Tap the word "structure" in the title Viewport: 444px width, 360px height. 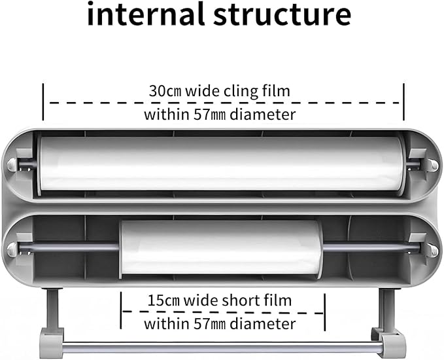pyautogui.click(x=282, y=15)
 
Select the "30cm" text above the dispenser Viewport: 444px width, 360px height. pyautogui.click(x=165, y=91)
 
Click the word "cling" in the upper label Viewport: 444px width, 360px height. pyautogui.click(x=241, y=92)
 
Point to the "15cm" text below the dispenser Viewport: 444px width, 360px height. pyautogui.click(x=163, y=300)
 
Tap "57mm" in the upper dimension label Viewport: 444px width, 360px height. pyautogui.click(x=209, y=115)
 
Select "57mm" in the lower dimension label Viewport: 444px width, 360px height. pyautogui.click(x=209, y=324)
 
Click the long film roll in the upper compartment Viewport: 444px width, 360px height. pyautogui.click(x=220, y=164)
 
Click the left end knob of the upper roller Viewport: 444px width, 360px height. pyautogui.click(x=12, y=165)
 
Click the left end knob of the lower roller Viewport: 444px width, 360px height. pyautogui.click(x=12, y=249)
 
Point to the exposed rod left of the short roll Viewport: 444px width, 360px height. pyautogui.click(x=69, y=247)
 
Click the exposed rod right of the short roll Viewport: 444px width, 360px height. pyautogui.click(x=371, y=247)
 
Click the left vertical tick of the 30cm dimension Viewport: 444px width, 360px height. pyautogui.click(x=43, y=101)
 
